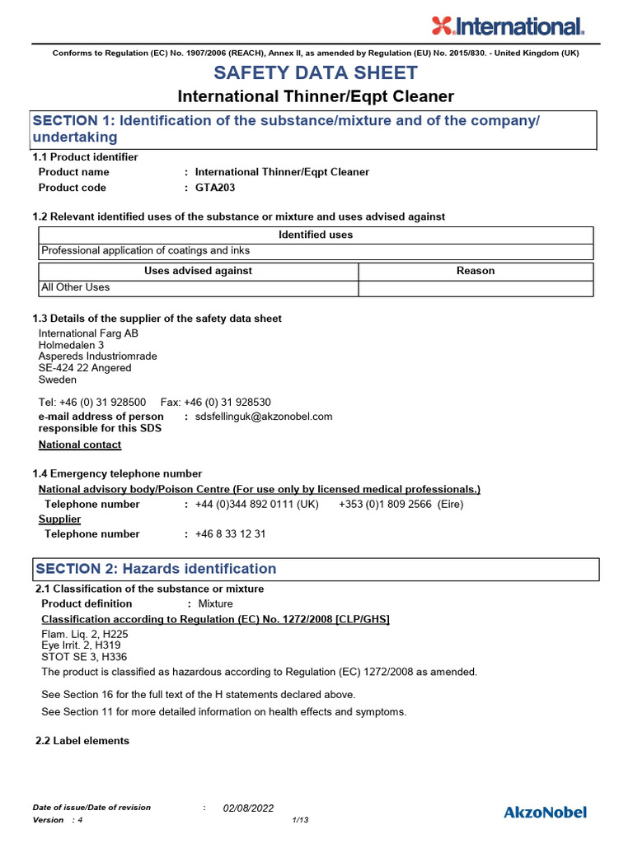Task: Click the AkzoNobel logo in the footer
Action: [x=545, y=813]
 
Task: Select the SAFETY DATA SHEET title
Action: [x=316, y=72]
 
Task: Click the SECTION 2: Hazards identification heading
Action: [x=155, y=569]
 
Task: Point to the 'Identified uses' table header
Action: [x=316, y=235]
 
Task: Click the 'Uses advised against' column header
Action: [x=198, y=271]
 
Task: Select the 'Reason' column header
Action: [x=476, y=271]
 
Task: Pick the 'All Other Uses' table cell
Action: [x=75, y=287]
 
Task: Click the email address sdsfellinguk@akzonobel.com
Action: [x=264, y=417]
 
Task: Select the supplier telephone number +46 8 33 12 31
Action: [x=230, y=533]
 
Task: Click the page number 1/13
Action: [x=300, y=821]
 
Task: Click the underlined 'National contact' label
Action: [x=80, y=445]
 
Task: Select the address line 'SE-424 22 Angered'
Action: [x=85, y=368]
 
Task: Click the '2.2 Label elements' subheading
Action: [x=82, y=741]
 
